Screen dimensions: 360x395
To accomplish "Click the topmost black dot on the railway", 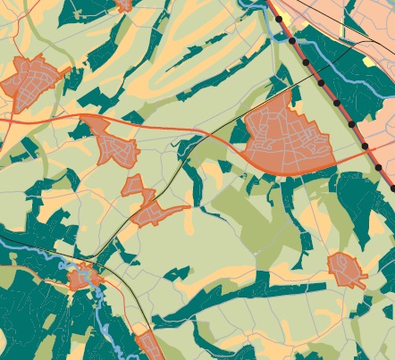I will pos(278,19).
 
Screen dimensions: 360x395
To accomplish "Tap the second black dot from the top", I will pos(292,41).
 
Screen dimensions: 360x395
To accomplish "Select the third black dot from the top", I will pos(307,63).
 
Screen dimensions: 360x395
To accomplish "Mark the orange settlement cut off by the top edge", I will pos(123,4).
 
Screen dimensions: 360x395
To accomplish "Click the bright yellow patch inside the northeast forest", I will pos(368,62).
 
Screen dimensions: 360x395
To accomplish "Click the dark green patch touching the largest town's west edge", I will pos(240,133).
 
